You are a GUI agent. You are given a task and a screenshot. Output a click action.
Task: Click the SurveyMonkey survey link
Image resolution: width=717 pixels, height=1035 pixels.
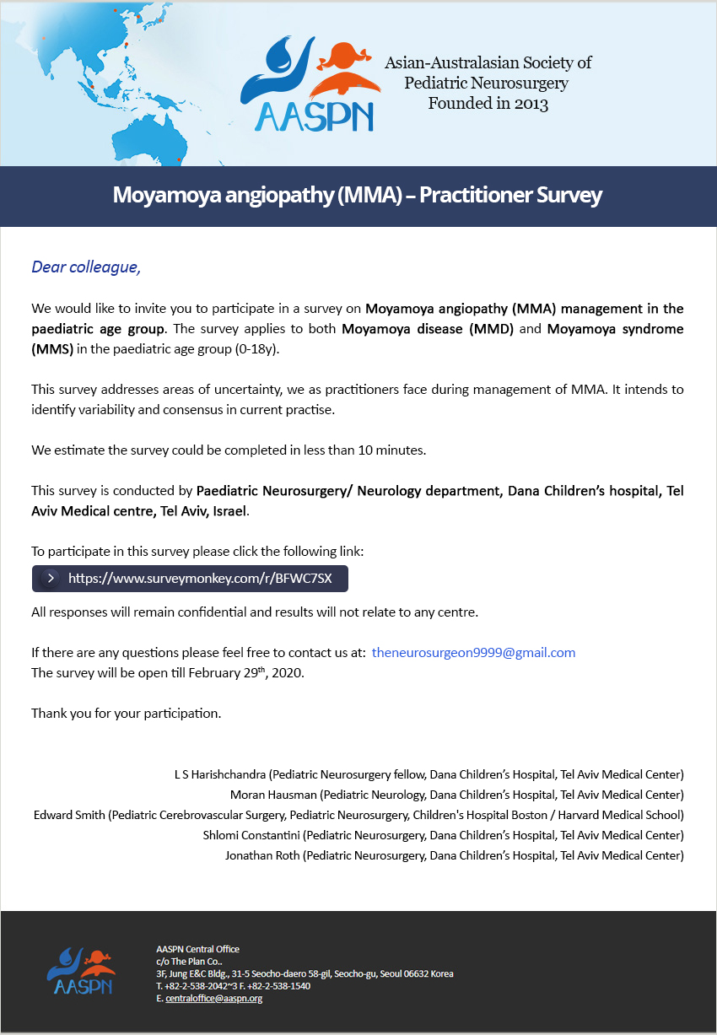(x=200, y=579)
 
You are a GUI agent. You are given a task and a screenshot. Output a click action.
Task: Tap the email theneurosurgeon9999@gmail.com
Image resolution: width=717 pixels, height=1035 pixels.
(x=473, y=653)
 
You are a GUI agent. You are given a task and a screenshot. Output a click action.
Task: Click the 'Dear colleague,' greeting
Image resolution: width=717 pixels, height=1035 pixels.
(x=86, y=267)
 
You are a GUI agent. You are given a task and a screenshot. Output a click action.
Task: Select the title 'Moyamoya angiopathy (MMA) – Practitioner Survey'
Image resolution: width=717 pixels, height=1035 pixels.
(x=358, y=196)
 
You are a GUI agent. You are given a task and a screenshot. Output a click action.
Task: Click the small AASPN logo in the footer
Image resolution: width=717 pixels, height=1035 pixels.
(x=80, y=971)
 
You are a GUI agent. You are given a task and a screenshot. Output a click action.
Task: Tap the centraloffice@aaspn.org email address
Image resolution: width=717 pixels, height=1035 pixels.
(x=213, y=999)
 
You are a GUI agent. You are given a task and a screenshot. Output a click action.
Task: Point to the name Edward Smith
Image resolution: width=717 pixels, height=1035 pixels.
(x=69, y=815)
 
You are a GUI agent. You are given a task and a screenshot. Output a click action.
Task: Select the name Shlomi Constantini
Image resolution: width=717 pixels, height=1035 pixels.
(x=251, y=835)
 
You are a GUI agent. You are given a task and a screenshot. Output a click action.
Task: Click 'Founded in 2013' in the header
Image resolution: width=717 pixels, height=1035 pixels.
(x=488, y=105)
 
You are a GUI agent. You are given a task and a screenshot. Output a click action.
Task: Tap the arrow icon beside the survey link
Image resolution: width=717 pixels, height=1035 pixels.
(x=51, y=579)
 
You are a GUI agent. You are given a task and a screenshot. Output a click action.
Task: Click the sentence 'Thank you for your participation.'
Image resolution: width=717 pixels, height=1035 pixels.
(x=126, y=714)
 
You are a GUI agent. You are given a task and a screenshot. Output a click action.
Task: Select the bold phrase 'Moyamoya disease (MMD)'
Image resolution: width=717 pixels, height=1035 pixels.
(x=428, y=329)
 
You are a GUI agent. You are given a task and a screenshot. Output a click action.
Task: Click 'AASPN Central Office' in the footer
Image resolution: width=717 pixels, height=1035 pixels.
(x=197, y=949)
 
